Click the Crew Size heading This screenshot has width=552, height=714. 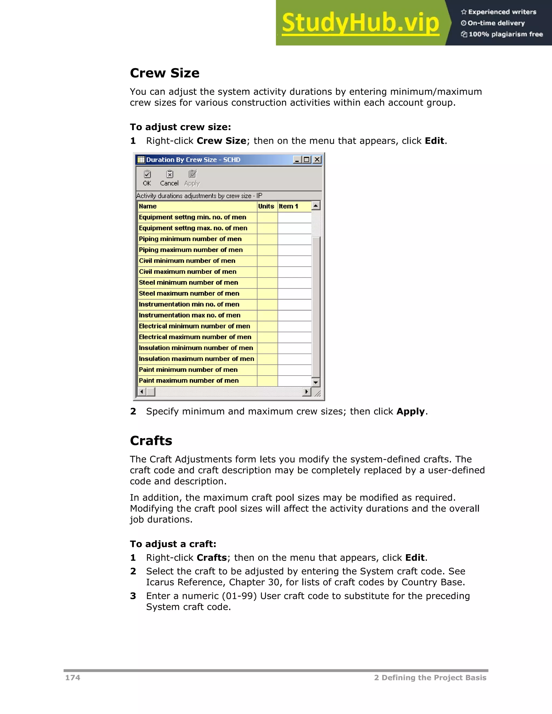point(164,73)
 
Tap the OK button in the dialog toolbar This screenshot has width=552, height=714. point(147,178)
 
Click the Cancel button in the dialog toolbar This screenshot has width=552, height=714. point(169,178)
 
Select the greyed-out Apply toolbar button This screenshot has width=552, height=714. point(192,178)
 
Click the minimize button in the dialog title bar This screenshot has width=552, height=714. point(297,160)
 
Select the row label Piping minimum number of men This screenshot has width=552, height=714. point(190,239)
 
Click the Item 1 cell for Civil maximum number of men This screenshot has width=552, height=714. point(294,272)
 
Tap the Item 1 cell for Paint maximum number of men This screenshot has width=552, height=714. point(294,380)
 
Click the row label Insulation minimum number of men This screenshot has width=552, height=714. point(196,348)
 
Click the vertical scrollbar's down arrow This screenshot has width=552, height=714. point(316,382)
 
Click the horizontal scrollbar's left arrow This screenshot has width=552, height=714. point(142,391)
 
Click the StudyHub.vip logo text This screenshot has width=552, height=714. point(360,23)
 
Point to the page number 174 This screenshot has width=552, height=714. point(73,678)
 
